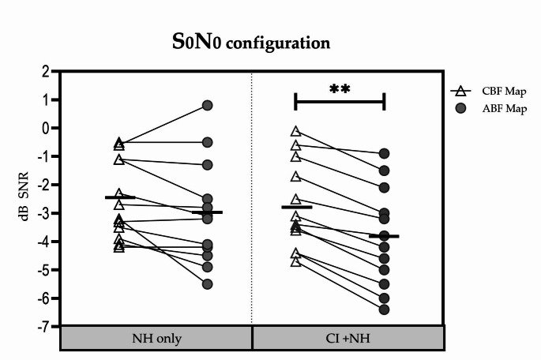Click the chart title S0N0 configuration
click(250, 41)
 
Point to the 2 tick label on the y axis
click(45, 72)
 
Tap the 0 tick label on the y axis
click(45, 128)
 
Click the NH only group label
click(156, 339)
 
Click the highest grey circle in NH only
click(208, 105)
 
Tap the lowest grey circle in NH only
click(208, 283)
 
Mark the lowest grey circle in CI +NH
click(384, 309)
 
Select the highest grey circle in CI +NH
click(384, 153)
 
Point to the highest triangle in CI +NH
click(296, 132)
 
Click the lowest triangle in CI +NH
click(296, 261)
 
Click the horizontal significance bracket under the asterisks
click(340, 101)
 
